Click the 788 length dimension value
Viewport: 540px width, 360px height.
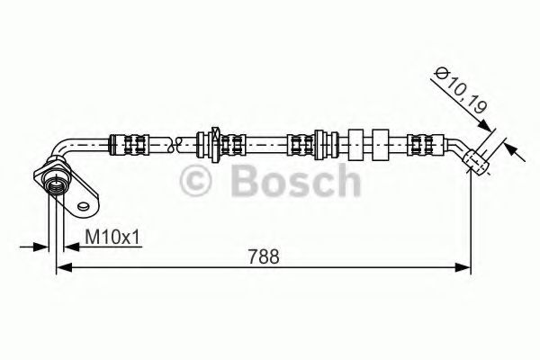click(x=262, y=256)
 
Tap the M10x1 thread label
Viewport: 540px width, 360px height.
click(x=112, y=237)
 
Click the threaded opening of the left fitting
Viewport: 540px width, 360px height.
click(x=56, y=183)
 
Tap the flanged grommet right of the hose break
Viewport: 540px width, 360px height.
click(x=214, y=142)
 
